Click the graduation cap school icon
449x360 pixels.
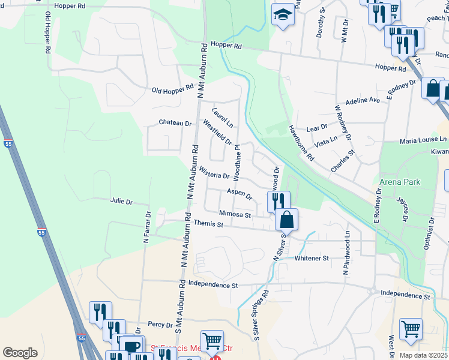click(282, 16)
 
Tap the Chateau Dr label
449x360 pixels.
click(175, 123)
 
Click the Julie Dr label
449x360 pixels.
click(121, 202)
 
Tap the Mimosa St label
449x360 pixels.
click(234, 214)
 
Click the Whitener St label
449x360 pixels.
click(312, 259)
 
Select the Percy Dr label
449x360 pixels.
click(160, 325)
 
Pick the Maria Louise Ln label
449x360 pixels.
click(424, 140)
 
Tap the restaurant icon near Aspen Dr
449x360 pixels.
click(279, 201)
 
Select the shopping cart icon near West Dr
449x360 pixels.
click(411, 329)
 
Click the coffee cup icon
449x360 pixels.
click(131, 346)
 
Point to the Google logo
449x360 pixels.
click(20, 353)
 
